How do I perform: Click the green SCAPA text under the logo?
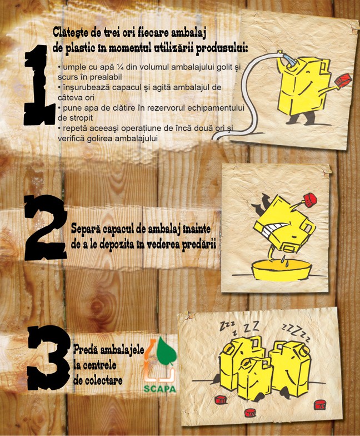pyautogui.click(x=160, y=388)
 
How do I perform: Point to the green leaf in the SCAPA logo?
pyautogui.click(x=167, y=351)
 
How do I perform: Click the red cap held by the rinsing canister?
pyautogui.click(x=343, y=80)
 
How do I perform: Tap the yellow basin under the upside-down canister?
pyautogui.click(x=281, y=270)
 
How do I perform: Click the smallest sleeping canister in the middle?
pyautogui.click(x=254, y=378)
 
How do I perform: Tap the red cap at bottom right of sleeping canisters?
pyautogui.click(x=320, y=405)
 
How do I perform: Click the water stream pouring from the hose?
pyautogui.click(x=290, y=61)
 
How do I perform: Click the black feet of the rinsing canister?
pyautogui.click(x=301, y=119)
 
